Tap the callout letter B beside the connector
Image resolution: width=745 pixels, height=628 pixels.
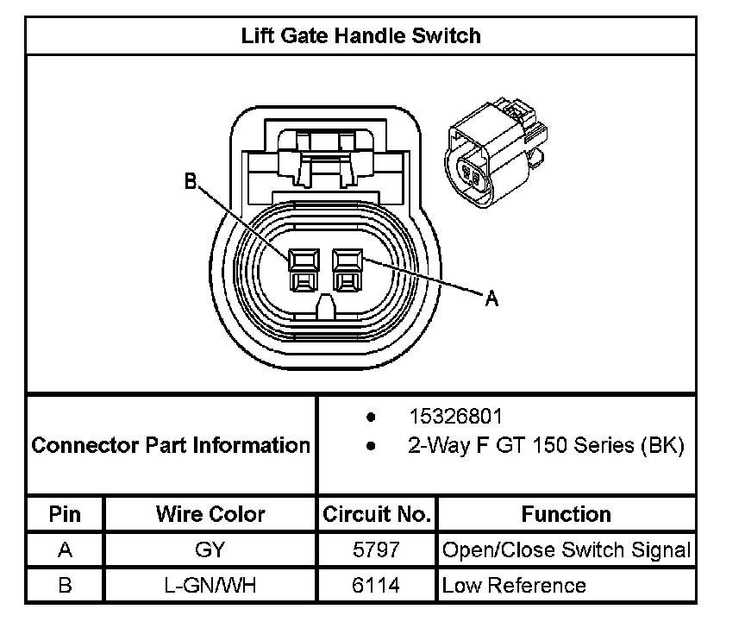pyautogui.click(x=191, y=182)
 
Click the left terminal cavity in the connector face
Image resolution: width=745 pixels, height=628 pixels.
pyautogui.click(x=301, y=268)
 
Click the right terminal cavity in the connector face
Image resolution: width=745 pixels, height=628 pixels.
pyautogui.click(x=347, y=268)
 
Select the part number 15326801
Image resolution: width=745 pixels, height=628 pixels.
pyautogui.click(x=454, y=417)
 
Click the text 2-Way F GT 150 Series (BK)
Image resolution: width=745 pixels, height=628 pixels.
pyautogui.click(x=545, y=446)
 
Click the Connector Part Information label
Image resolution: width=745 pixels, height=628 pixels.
pyautogui.click(x=171, y=446)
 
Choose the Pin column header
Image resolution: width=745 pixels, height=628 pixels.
pyautogui.click(x=65, y=514)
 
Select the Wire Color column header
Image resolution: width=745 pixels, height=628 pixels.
pyautogui.click(x=210, y=514)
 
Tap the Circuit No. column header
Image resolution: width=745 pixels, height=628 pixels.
pyautogui.click(x=376, y=514)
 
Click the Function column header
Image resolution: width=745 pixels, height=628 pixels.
pyautogui.click(x=566, y=514)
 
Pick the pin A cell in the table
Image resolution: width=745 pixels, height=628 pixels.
pyautogui.click(x=65, y=549)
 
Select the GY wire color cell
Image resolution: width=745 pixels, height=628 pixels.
pyautogui.click(x=210, y=549)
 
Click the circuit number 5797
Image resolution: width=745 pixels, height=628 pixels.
pyautogui.click(x=377, y=549)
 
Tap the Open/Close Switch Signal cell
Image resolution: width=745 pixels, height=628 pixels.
pyautogui.click(x=566, y=549)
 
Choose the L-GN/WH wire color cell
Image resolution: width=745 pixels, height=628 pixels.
pyautogui.click(x=210, y=585)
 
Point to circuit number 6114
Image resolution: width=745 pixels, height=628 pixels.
pyautogui.click(x=377, y=585)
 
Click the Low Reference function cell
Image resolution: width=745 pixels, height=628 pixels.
pyautogui.click(x=514, y=585)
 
